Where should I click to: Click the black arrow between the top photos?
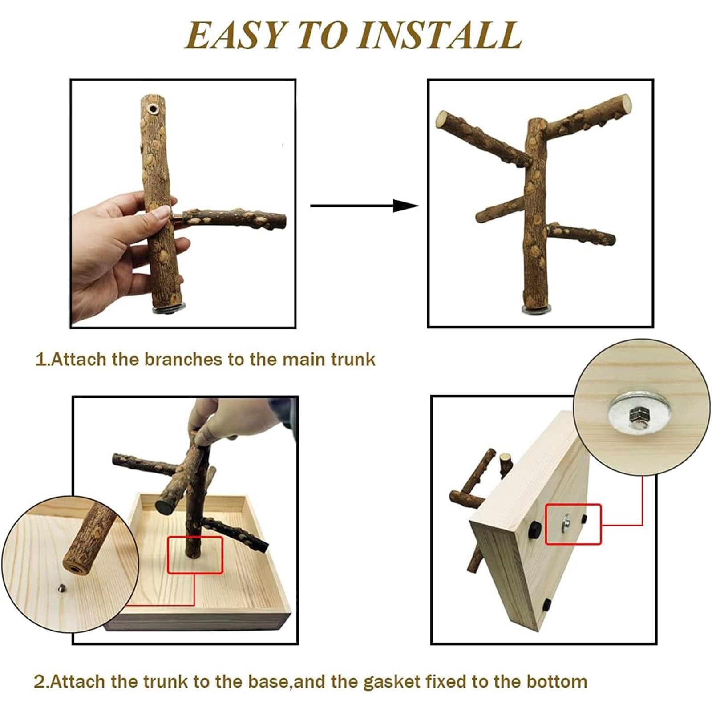point(364,206)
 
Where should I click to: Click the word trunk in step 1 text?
point(353,359)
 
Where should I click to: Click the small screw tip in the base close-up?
point(63,588)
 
